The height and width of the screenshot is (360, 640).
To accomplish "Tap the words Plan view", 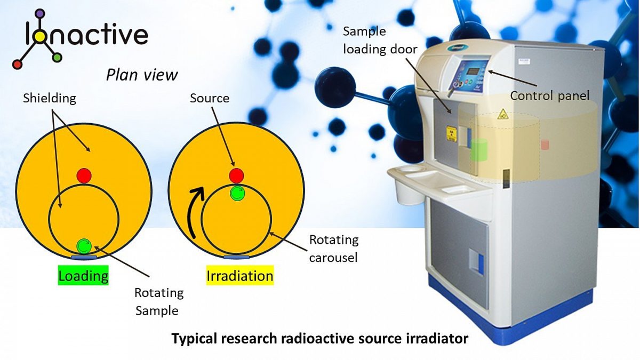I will (142, 75).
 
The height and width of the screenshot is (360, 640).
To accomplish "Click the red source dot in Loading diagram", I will (84, 175).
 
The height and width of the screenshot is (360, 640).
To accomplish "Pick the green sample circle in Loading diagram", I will (84, 245).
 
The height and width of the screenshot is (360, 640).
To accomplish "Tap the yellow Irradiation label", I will (240, 276).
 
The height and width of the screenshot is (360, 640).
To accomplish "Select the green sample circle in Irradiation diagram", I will (237, 193).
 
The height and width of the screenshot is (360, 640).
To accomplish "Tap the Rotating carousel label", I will (334, 249).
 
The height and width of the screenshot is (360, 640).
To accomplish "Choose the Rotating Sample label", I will (159, 301).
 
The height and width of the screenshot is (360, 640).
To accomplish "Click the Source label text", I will (210, 98).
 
